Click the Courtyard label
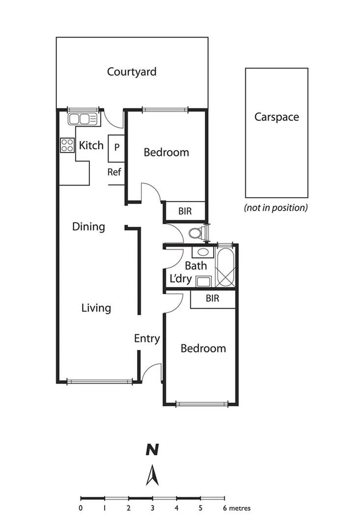point(132,72)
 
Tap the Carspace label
point(276,117)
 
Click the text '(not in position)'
point(276,208)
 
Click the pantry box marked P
point(117,148)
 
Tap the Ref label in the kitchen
point(114,172)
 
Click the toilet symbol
point(197,233)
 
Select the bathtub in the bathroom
point(226,267)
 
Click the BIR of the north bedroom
point(185,212)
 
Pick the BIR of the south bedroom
point(212,299)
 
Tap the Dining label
point(88,227)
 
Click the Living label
point(96,308)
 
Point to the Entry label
point(147,339)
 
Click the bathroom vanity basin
point(201,253)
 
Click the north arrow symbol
point(153,475)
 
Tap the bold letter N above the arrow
point(153,450)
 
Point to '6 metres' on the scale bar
point(237,508)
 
